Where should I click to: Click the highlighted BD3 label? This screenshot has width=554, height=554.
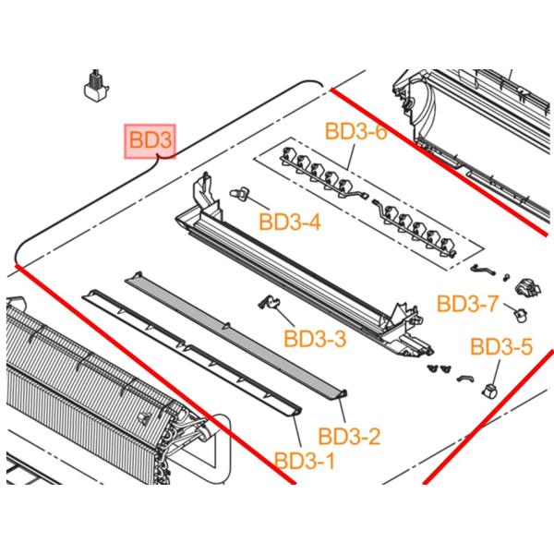(x=150, y=141)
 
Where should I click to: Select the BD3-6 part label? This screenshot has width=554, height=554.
(x=355, y=132)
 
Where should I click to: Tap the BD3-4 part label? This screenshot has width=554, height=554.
(x=290, y=222)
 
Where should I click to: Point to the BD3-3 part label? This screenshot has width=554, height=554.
(x=315, y=340)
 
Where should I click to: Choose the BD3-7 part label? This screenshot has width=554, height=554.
(x=468, y=303)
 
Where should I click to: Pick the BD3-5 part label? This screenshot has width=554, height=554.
(x=501, y=347)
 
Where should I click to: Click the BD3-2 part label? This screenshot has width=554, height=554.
(x=349, y=435)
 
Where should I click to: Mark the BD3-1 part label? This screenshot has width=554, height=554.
(x=305, y=459)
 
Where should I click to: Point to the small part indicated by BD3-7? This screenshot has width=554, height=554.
(x=519, y=317)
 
